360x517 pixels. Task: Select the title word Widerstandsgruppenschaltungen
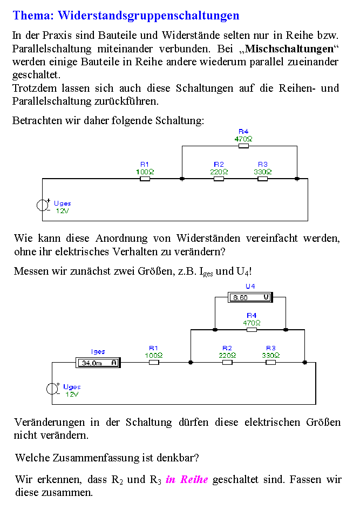pos(148,16)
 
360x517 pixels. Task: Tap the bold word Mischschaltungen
pos(289,49)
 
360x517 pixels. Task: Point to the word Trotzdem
pos(35,88)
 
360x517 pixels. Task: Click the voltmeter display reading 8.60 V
pos(250,297)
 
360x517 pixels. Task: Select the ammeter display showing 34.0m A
pos(98,363)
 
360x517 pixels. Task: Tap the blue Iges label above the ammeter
pos(98,352)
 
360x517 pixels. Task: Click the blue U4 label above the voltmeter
pos(250,286)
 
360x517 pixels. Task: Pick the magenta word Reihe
pos(194,479)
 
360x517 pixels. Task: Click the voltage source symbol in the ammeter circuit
pos(52,389)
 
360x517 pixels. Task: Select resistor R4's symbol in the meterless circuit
pos(243,146)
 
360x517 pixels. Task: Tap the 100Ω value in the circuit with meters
pos(154,356)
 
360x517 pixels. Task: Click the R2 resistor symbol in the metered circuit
pos(227,362)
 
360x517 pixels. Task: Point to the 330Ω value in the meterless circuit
pos(263,172)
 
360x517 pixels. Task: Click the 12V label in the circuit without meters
pos(62,210)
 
